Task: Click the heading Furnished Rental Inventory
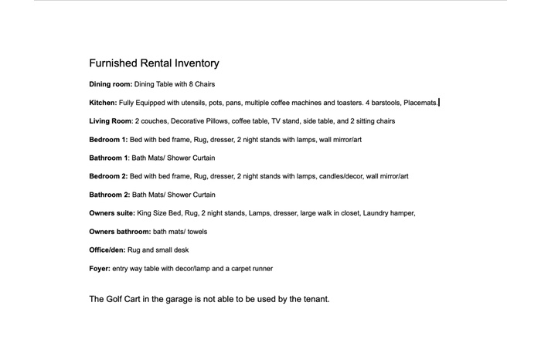154,63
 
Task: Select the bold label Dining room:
111,83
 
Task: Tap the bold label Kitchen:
103,102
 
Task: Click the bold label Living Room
111,121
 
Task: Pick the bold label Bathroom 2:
109,195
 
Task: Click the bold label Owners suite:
112,213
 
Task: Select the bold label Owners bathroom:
120,232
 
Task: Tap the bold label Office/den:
107,250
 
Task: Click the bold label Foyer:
100,269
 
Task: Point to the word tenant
313,299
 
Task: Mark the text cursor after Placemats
440,102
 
